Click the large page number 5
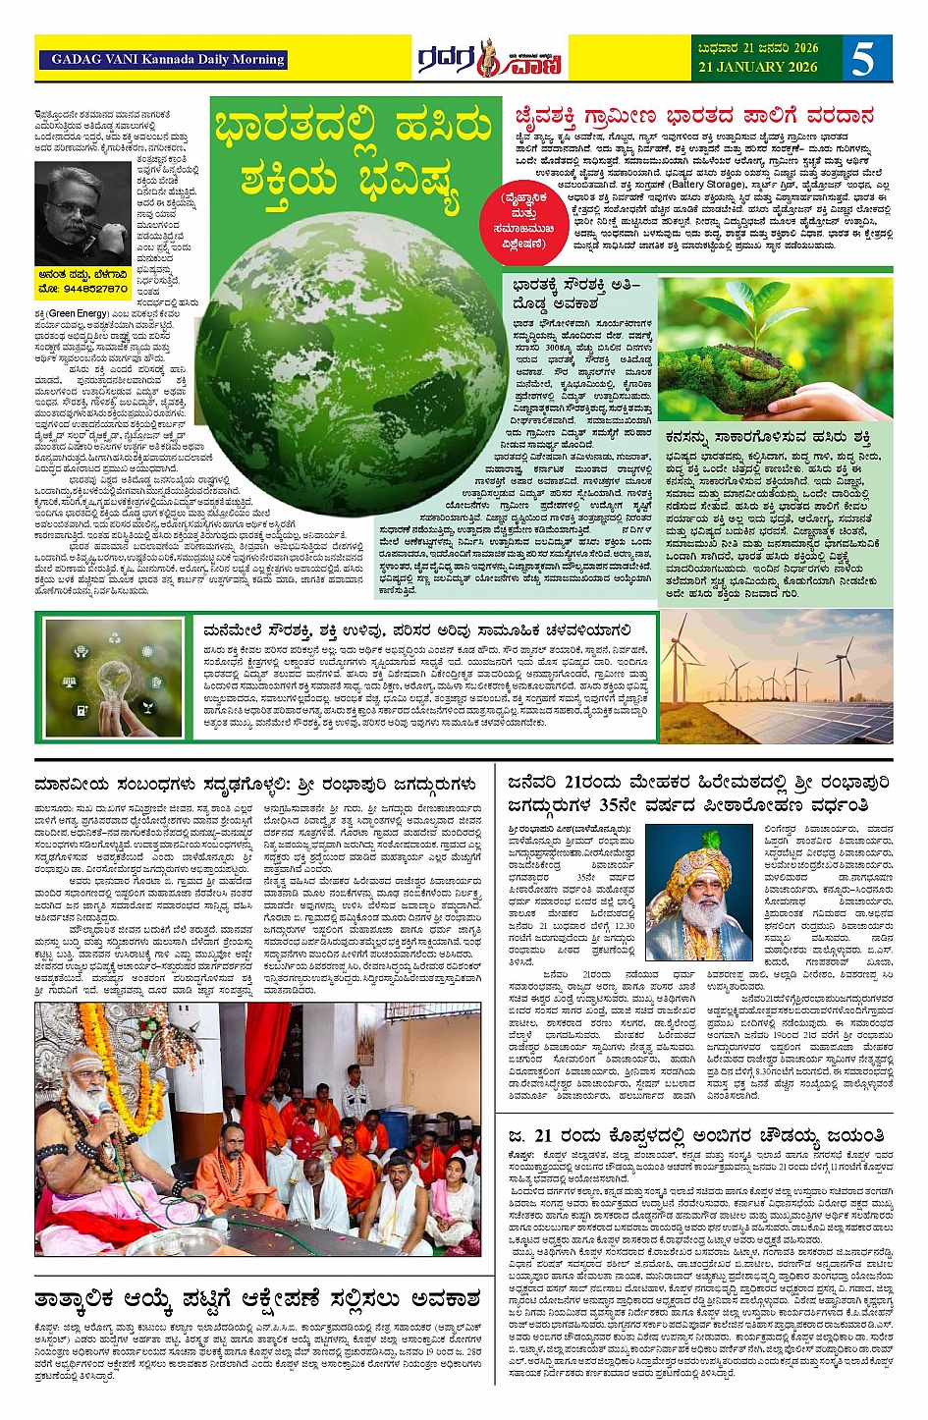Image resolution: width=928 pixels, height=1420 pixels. pos(862,58)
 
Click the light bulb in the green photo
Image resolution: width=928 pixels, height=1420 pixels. pos(115,678)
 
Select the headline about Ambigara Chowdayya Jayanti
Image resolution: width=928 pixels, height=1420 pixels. pos(696,1136)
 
